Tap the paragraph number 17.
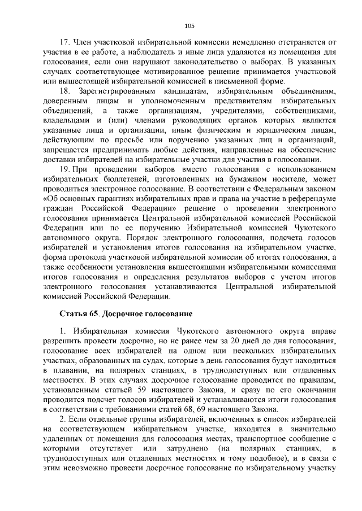point(64,42)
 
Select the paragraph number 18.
point(64,91)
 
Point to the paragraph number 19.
point(64,169)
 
